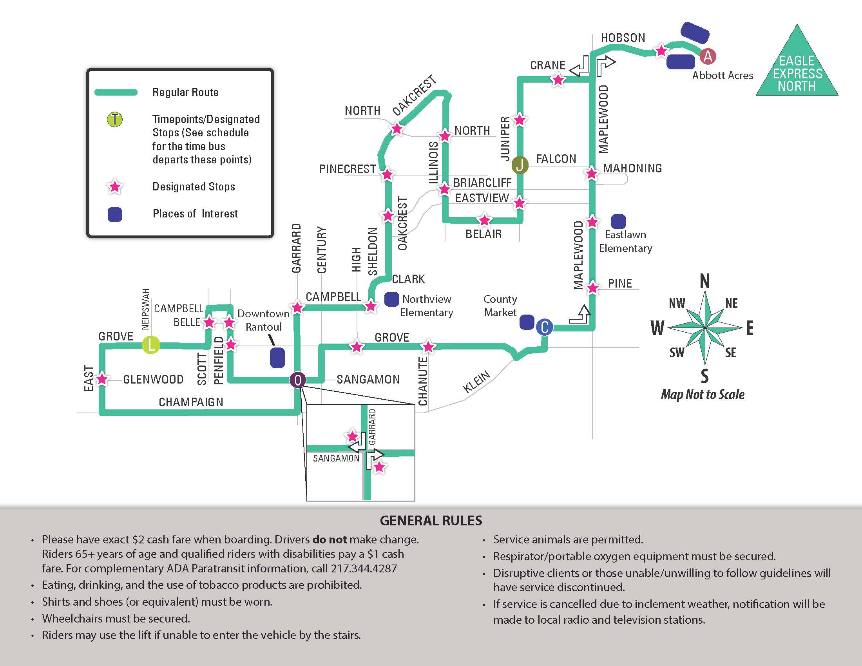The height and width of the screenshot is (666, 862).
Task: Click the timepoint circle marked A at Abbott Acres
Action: tap(708, 56)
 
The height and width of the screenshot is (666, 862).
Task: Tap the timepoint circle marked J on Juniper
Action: tap(520, 165)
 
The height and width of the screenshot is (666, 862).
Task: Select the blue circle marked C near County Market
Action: tap(545, 327)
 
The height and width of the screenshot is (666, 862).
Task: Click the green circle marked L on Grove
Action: tap(151, 345)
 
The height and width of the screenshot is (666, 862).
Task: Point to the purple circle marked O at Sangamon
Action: tap(298, 380)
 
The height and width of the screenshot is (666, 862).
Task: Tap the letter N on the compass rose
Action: tap(705, 281)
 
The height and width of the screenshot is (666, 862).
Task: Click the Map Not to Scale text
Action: tap(703, 394)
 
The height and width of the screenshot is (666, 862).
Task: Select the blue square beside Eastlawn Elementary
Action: tap(618, 221)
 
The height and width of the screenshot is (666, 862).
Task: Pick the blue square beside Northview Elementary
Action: tap(391, 299)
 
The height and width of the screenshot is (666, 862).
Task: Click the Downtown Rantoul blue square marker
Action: tap(277, 357)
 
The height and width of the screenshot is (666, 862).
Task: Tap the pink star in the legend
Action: tap(115, 186)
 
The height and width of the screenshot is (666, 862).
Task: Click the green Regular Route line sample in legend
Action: tap(116, 92)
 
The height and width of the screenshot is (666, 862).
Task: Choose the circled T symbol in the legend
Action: tap(115, 119)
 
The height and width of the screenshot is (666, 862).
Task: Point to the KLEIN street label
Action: tap(477, 382)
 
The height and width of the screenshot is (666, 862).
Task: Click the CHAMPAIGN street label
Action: tap(191, 402)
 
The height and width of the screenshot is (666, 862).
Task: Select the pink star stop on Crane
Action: tap(558, 80)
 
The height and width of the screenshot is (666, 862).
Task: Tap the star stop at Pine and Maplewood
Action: tap(592, 288)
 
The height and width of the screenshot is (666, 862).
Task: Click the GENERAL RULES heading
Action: tap(431, 521)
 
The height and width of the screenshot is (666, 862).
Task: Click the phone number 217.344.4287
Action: tap(364, 568)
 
